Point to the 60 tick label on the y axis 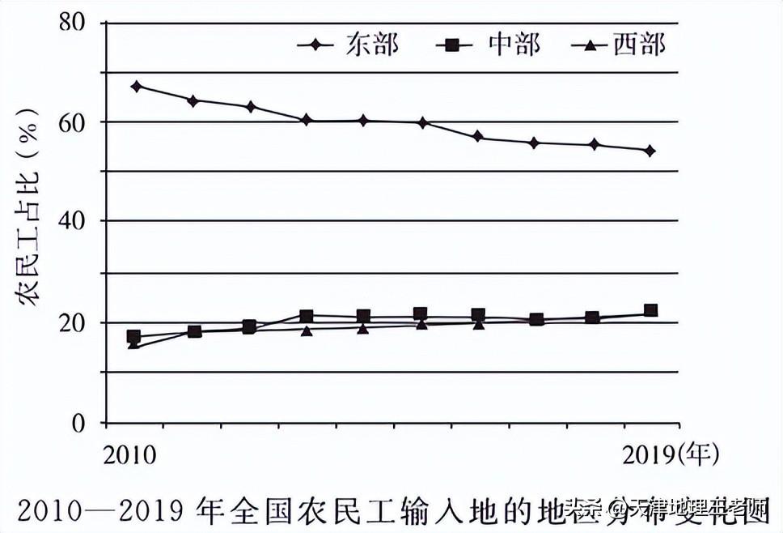tap(74, 122)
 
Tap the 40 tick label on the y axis tap(74, 220)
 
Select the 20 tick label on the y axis tap(74, 322)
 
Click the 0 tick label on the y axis tap(79, 421)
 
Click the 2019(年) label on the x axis tap(671, 454)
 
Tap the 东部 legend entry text tap(373, 44)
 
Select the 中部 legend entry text tap(514, 44)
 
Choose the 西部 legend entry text tap(639, 44)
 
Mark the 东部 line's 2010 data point tap(136, 86)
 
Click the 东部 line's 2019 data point tap(650, 151)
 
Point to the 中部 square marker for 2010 tap(134, 335)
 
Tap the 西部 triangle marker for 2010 tap(133, 345)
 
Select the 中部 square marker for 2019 tap(650, 310)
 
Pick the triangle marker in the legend tap(590, 45)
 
